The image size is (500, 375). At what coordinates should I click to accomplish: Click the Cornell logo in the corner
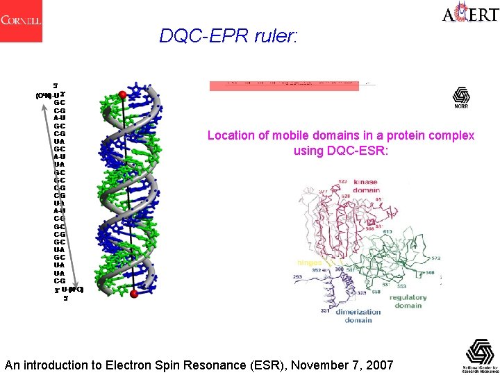pos(21,20)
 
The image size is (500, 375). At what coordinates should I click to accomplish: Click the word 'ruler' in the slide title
pos(276,35)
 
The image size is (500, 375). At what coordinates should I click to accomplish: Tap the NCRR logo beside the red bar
pos(461,97)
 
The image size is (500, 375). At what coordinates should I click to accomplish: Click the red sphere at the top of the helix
pos(123,94)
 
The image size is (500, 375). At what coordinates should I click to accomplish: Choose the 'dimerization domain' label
pos(358,316)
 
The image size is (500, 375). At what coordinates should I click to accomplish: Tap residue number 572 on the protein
pos(435,258)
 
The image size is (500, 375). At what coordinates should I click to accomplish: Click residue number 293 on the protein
pos(299,277)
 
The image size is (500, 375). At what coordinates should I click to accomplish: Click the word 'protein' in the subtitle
pos(406,135)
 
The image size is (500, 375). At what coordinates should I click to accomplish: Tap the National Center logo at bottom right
pos(480,355)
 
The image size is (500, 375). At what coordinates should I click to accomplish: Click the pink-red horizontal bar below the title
pos(284,86)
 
